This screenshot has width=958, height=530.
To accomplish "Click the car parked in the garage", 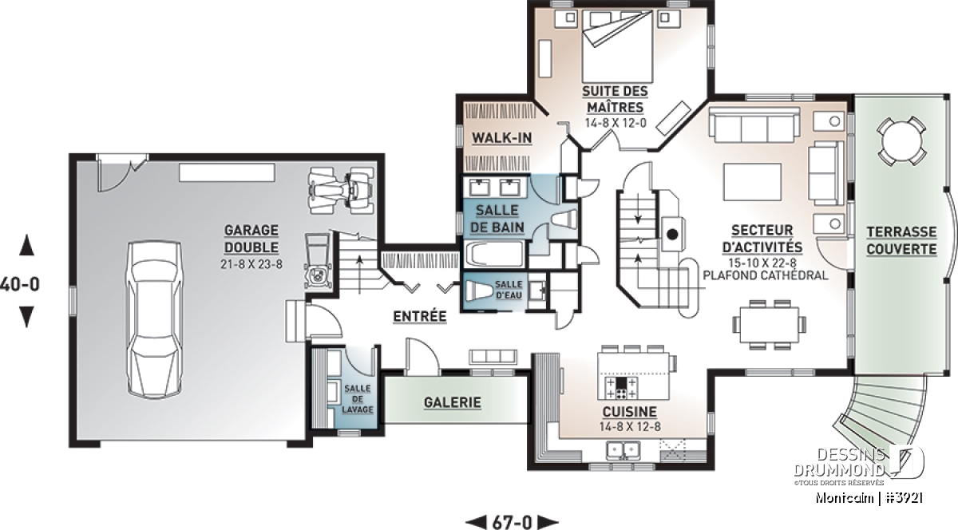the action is coord(154,320).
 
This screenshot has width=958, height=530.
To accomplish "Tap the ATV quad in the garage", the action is coord(342,190).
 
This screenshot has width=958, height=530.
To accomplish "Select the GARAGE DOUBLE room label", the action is coord(251,239).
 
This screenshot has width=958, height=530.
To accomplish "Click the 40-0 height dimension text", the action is coord(20,284).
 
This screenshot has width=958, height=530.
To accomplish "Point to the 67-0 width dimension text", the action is coord(512,522).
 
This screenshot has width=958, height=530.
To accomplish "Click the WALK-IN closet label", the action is coord(501,138).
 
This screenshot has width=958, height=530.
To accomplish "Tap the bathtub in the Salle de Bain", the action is coord(495,254).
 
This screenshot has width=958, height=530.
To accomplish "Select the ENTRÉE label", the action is coord(420,316).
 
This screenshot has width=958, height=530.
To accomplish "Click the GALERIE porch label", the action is coord(453,402).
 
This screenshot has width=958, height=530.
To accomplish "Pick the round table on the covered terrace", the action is coord(902,140).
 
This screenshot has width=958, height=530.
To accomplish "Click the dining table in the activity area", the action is coord(769,324).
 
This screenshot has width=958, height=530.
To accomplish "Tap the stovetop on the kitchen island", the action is coord(621,387).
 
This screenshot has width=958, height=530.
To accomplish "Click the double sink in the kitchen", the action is coord(623,450).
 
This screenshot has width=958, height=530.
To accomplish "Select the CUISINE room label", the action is coord(630,412).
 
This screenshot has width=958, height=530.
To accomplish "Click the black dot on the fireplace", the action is coord(672,234).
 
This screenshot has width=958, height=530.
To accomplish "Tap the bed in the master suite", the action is coord(617,46).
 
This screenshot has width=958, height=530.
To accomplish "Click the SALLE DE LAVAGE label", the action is coord(358,398).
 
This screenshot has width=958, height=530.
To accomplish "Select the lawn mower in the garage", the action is coord(318,260).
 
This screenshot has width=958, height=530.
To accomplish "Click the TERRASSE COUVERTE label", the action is coord(901,240).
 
